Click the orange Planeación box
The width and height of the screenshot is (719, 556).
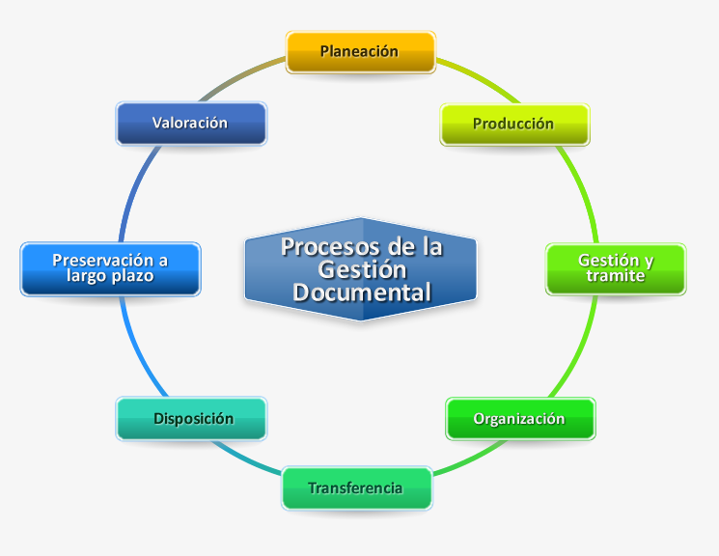point(360,52)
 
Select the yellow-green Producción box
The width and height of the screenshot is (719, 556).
point(514,125)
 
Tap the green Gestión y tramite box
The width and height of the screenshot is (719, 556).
point(616,268)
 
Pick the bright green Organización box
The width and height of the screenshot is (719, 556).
point(520,418)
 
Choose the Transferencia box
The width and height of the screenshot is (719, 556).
point(357,487)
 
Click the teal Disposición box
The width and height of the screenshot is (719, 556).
point(191,418)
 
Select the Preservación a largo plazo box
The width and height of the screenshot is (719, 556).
point(111,268)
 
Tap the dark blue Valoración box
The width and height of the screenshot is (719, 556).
point(191,124)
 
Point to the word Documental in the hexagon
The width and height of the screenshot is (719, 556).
point(362,292)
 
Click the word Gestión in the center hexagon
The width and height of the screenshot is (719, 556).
point(362,269)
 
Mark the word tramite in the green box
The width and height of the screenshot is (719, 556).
point(616,276)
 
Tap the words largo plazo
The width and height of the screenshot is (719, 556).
point(110,276)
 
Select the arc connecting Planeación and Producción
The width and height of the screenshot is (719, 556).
point(480,77)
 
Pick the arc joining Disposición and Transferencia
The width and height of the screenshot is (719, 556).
point(245,459)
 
